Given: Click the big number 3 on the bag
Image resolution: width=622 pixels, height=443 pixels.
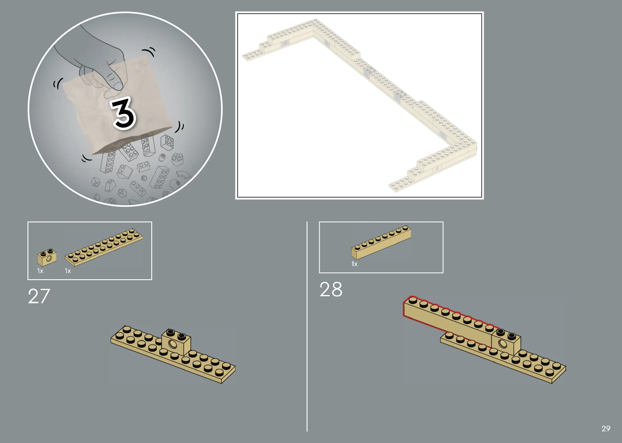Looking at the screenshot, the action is point(123,113).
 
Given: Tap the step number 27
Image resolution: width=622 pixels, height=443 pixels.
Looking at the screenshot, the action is point(39,296).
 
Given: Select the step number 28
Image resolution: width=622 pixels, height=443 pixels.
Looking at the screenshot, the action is point(331,289).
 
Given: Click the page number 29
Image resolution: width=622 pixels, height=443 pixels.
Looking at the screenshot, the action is point(606,429).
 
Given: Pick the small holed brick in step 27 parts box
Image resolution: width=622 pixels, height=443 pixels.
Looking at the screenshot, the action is point(47,257).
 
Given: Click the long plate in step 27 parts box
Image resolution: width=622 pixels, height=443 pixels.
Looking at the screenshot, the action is point(104,248).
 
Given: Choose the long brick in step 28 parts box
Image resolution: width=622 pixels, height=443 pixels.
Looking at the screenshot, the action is point(381,242).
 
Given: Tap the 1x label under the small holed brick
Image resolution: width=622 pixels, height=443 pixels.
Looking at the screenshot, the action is point(40,271).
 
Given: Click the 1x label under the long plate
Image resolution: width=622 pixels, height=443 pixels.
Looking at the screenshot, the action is point(68,271).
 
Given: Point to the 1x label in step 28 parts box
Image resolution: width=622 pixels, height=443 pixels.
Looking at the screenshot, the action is point(354,264).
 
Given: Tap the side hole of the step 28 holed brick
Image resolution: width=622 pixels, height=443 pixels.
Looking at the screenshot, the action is point(503,343).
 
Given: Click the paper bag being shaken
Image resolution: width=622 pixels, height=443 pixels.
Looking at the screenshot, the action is point(117,105).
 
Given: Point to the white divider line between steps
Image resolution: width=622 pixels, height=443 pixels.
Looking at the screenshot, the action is point(307,326).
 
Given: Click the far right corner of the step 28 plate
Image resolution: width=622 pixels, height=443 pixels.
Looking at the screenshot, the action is point(566,366).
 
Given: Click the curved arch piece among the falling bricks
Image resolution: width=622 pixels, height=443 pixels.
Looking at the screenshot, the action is point(184,175).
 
